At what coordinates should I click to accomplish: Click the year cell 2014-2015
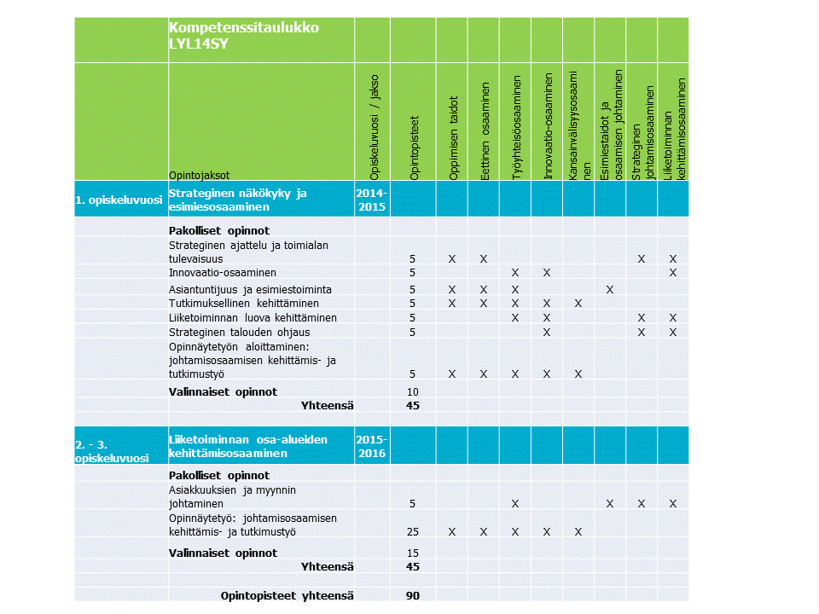(x=371, y=200)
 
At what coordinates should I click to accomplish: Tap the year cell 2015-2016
(x=371, y=446)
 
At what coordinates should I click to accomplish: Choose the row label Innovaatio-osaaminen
(x=222, y=273)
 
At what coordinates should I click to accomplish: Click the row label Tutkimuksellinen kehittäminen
(x=243, y=304)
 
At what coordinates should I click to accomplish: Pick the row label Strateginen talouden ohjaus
(x=239, y=332)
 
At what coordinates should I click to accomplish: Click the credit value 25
(x=413, y=532)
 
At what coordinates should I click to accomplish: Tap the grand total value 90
(x=413, y=595)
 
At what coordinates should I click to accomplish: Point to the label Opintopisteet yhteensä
(x=287, y=595)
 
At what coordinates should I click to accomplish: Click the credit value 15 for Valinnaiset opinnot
(x=413, y=553)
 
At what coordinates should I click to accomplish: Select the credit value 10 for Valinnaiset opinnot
(x=413, y=391)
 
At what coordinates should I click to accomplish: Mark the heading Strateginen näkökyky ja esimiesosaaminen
(x=237, y=200)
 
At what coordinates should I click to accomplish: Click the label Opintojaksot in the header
(x=199, y=175)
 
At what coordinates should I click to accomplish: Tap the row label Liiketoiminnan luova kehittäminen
(x=253, y=318)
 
